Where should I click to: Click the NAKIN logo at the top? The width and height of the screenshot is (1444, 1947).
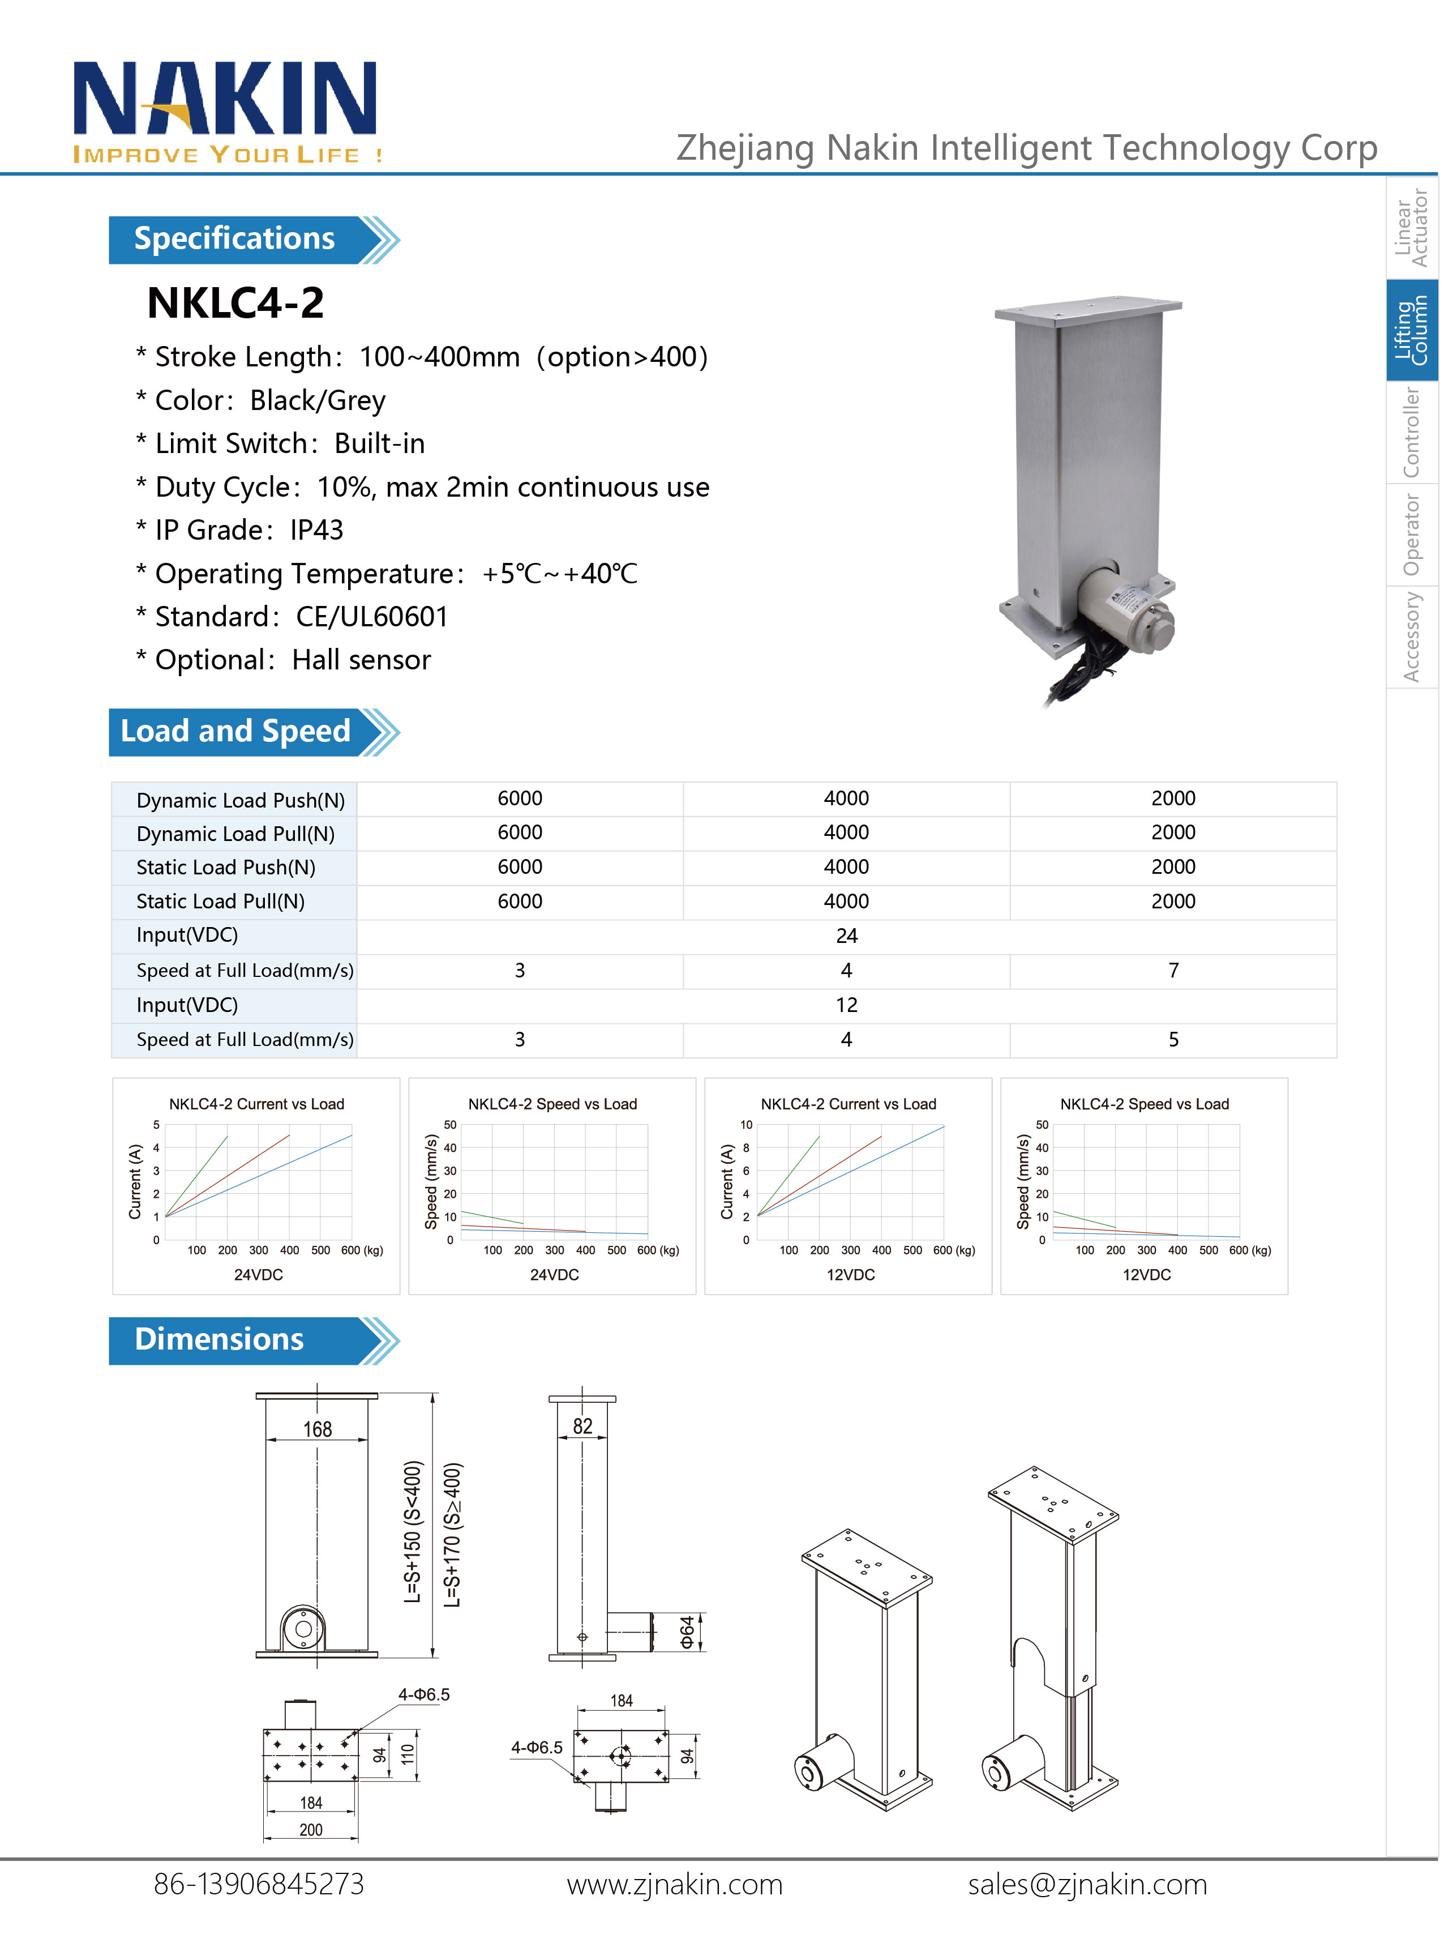[x=225, y=109]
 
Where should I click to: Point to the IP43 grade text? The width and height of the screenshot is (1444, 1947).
[x=316, y=530]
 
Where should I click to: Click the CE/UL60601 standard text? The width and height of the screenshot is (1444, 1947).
[x=371, y=616]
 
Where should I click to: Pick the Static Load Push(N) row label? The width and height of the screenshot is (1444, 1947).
[x=225, y=867]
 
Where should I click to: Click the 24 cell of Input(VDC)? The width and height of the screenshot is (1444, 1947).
[x=846, y=936]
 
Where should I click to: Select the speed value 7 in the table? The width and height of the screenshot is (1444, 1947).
[x=1173, y=971]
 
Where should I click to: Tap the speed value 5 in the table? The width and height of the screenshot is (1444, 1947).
[x=1173, y=1040]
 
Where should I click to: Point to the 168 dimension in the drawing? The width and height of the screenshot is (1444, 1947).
[x=318, y=1429]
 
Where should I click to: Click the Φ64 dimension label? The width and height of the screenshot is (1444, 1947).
[x=688, y=1632]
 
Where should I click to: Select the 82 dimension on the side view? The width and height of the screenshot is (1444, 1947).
[x=582, y=1427]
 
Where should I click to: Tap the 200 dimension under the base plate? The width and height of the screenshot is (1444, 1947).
[x=311, y=1830]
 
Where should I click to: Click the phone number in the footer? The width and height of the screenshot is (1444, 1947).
[x=259, y=1885]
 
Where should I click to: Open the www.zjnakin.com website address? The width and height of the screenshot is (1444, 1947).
[x=674, y=1885]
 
